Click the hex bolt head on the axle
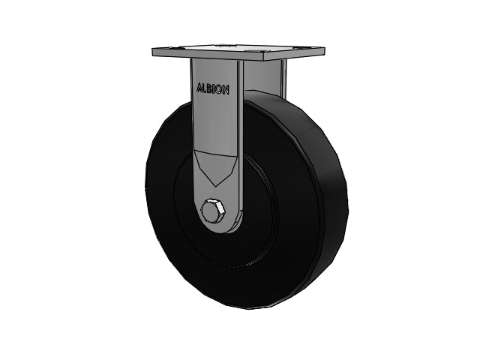click(x=213, y=210)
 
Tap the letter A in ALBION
click(x=199, y=88)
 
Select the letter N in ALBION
click(x=225, y=90)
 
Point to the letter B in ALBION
click(x=210, y=88)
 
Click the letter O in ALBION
click(x=218, y=89)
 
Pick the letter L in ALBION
click(x=205, y=88)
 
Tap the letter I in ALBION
click(x=214, y=89)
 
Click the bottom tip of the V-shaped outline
click(x=216, y=187)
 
